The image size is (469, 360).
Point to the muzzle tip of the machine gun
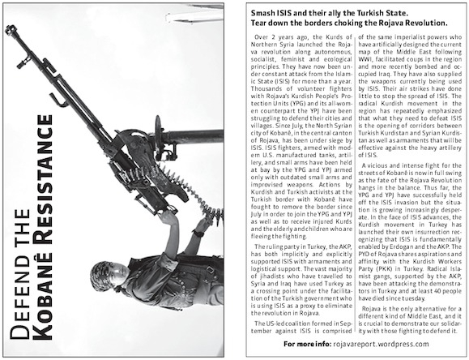tap(10, 30)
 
